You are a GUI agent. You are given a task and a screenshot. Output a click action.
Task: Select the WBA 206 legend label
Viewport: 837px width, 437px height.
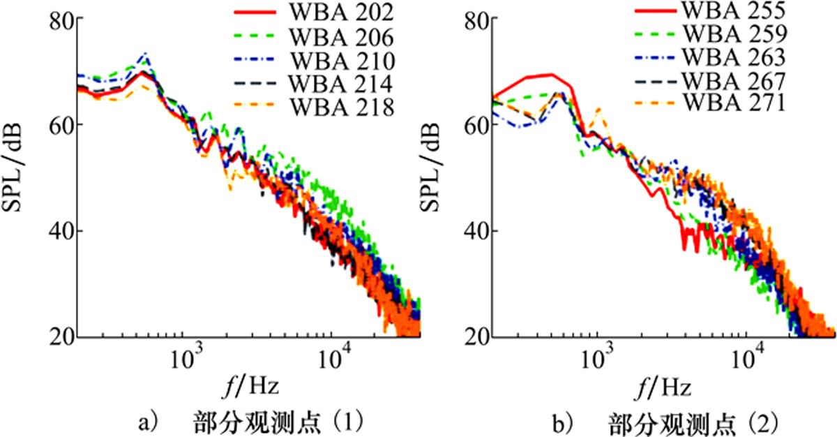pyautogui.click(x=342, y=38)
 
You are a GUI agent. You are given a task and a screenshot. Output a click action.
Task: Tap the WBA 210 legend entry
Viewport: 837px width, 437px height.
pyautogui.click(x=343, y=61)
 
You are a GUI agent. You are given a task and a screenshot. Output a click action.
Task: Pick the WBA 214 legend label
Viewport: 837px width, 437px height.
pyautogui.click(x=341, y=84)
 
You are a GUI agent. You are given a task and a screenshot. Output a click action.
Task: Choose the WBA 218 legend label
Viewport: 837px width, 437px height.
pyautogui.click(x=342, y=108)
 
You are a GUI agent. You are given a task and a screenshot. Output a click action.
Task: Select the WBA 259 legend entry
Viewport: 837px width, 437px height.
pyautogui.click(x=735, y=34)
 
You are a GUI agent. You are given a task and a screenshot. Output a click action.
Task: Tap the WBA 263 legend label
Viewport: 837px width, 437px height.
pyautogui.click(x=734, y=57)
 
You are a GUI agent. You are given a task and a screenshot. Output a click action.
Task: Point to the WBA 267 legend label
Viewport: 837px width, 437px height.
pyautogui.click(x=734, y=81)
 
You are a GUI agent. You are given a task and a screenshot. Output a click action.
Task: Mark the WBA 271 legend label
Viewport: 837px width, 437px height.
pyautogui.click(x=734, y=103)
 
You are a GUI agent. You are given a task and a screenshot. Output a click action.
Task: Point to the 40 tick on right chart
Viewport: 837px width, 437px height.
pyautogui.click(x=476, y=231)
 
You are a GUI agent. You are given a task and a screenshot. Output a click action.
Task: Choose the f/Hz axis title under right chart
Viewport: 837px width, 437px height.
pyautogui.click(x=663, y=387)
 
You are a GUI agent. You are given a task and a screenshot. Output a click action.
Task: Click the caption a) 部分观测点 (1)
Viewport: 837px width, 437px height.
pyautogui.click(x=250, y=423)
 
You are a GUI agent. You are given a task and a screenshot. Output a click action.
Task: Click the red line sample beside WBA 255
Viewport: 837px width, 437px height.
pyautogui.click(x=656, y=10)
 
